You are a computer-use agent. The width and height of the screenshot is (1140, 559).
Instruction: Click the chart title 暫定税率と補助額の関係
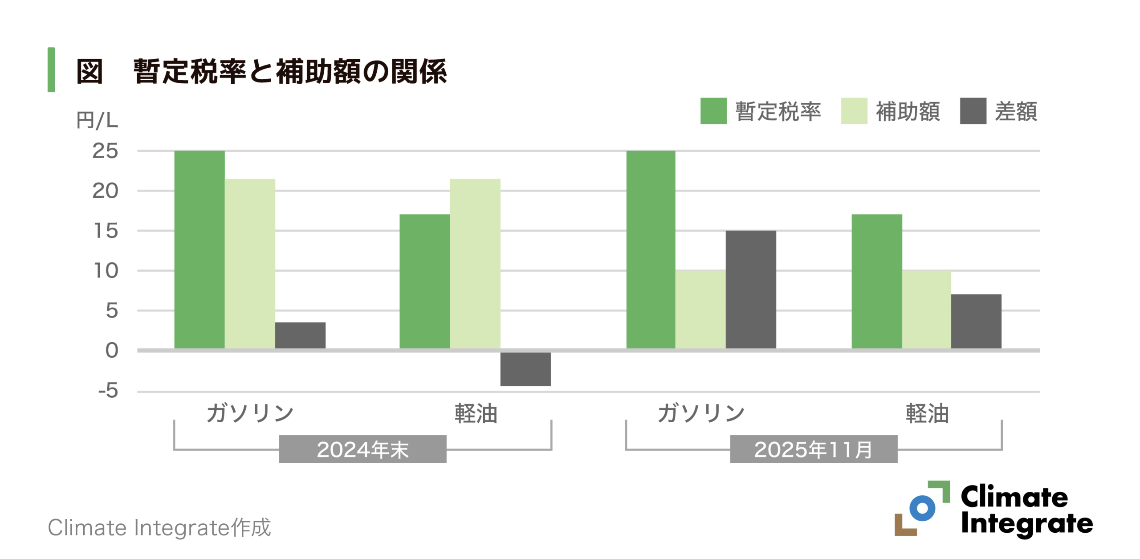click(289, 71)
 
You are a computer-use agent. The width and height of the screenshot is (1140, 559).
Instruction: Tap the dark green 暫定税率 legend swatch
click(713, 111)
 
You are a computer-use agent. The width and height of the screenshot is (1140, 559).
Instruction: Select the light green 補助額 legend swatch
click(854, 111)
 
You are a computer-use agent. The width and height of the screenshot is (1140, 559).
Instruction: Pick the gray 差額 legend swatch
click(973, 111)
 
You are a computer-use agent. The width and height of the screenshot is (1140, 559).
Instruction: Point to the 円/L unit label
click(97, 120)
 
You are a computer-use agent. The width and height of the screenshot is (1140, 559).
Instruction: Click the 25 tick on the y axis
click(106, 151)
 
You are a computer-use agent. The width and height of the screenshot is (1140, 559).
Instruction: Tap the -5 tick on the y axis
click(108, 391)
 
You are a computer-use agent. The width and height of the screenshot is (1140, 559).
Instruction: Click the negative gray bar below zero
click(525, 369)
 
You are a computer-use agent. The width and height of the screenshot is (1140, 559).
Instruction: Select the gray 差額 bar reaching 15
click(750, 290)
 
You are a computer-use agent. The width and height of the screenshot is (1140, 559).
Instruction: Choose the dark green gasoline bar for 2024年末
click(199, 249)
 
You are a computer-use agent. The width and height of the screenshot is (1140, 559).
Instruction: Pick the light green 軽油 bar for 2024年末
click(475, 264)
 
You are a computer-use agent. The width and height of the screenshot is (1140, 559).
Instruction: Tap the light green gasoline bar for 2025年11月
click(700, 309)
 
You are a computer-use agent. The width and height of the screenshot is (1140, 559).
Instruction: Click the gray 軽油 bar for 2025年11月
click(976, 321)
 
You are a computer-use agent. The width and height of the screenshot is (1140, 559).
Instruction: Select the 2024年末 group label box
click(362, 449)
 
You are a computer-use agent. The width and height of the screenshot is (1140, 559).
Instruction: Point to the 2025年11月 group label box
click(813, 449)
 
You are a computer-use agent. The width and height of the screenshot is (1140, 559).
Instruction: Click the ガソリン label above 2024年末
click(250, 413)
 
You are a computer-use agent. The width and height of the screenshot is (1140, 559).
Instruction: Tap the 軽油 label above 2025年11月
click(927, 413)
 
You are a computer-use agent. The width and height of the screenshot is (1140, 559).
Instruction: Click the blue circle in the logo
click(922, 508)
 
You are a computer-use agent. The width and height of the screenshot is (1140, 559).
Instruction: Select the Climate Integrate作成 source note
click(159, 528)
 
